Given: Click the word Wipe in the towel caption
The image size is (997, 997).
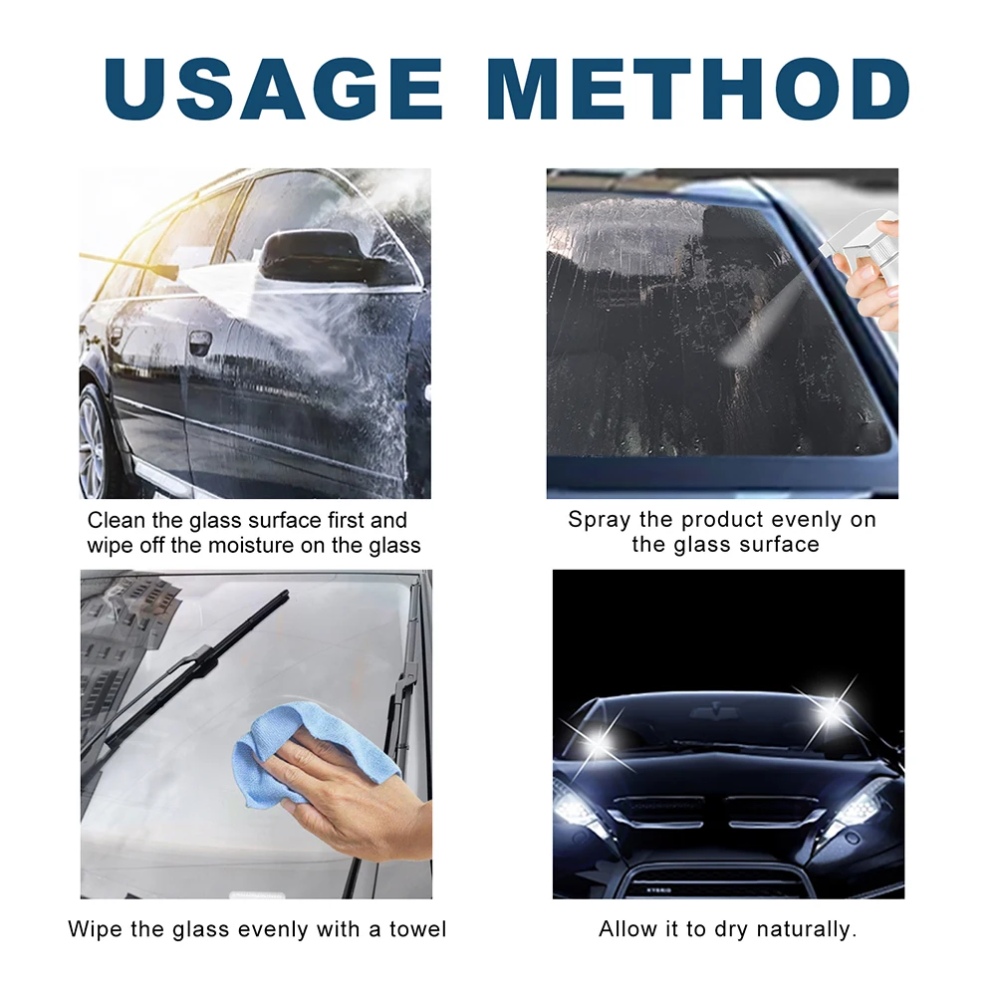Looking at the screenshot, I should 96,930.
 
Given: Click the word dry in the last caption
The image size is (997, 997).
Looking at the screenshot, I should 725,930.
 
